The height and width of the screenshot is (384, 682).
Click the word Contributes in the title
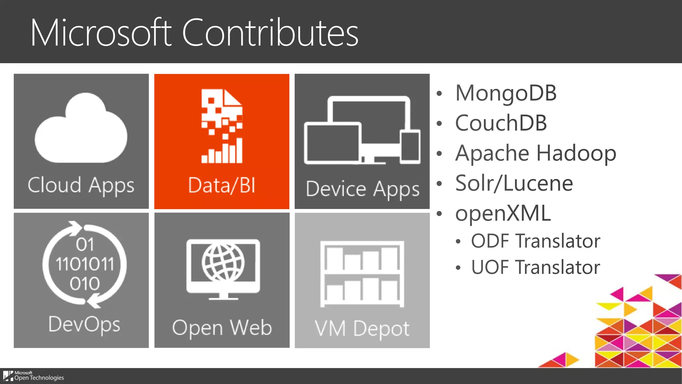pos(270,33)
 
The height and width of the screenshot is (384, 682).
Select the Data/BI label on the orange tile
pos(222,185)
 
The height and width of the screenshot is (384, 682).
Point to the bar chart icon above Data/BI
pos(222,152)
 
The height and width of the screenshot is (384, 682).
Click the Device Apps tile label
pos(362,189)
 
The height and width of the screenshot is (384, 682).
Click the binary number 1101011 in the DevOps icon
pos(85,264)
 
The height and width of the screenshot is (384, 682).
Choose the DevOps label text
pos(84,324)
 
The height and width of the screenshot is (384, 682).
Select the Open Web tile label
pos(222,328)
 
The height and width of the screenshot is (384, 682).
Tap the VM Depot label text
pos(362,329)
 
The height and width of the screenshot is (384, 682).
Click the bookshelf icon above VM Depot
pos(362,273)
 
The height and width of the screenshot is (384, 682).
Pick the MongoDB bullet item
pos(506,93)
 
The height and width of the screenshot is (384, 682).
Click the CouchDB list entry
pos(501,123)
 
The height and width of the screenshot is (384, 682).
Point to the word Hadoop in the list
pos(576,153)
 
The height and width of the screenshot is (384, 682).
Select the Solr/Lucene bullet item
pos(514,183)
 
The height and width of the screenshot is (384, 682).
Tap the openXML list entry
pos(503,213)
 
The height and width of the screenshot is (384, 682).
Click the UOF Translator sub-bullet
pos(535,267)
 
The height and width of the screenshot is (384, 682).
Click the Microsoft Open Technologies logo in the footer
pos(34,376)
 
